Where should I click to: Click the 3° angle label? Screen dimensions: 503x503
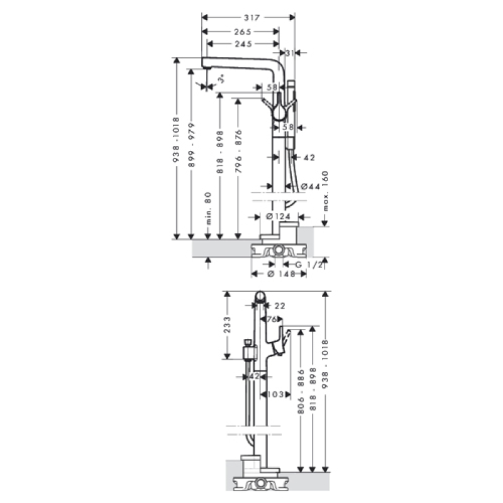coord(221,80)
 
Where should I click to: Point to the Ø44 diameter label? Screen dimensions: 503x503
coord(310,187)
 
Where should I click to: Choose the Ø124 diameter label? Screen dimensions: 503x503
coord(279,216)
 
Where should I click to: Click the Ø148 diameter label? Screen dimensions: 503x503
coord(282,274)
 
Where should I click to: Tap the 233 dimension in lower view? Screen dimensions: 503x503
coord(227,324)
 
